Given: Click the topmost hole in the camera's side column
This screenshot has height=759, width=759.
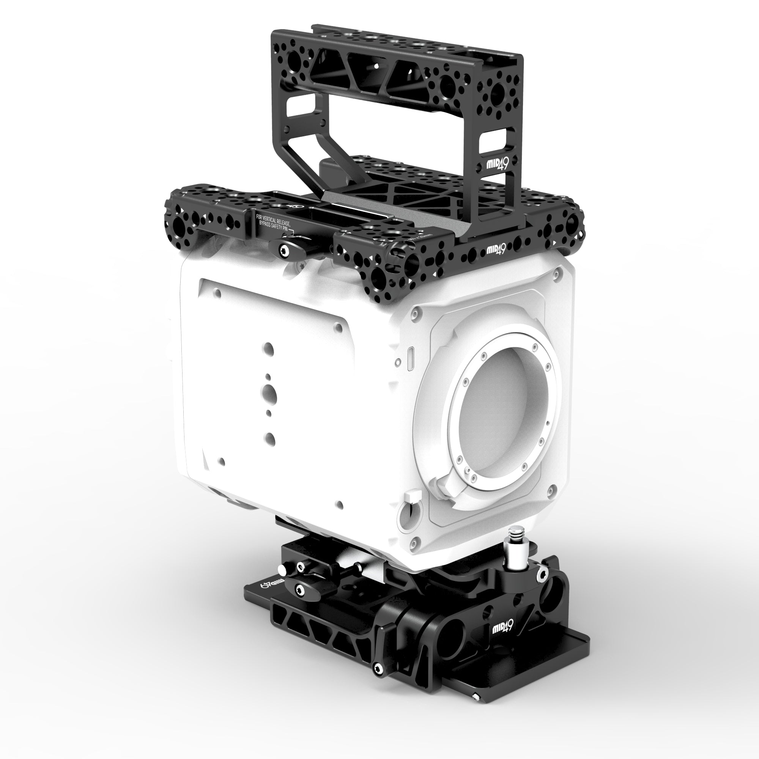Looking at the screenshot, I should (x=268, y=348).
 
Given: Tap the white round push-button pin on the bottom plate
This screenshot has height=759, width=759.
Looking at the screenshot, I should (x=281, y=569).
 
